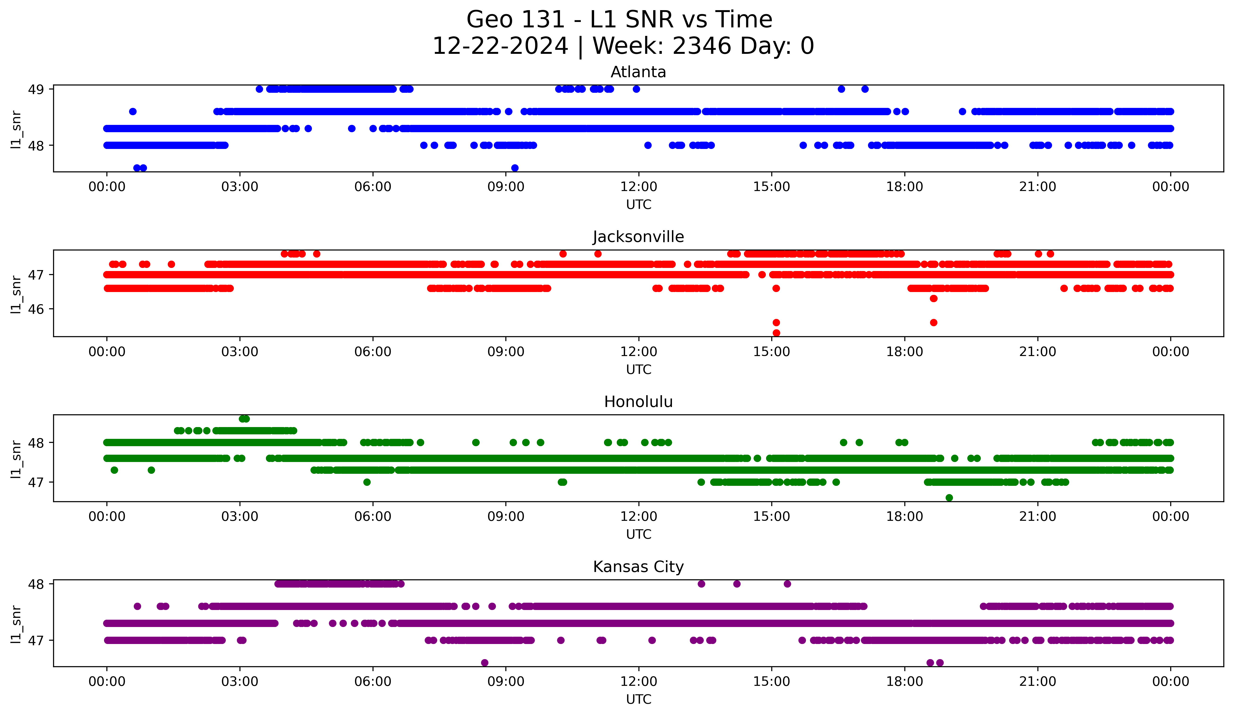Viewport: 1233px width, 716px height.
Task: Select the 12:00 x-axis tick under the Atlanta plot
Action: (x=638, y=186)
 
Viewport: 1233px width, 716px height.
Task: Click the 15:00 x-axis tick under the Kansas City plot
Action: (x=772, y=681)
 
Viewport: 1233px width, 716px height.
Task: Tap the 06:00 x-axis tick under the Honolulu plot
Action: (x=373, y=516)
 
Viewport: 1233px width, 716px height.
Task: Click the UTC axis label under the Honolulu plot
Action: (x=638, y=534)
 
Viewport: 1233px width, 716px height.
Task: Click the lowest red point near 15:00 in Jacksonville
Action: (x=776, y=333)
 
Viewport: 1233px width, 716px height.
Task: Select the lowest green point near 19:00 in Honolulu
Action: (x=949, y=498)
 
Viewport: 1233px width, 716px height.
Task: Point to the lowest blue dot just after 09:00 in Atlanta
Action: (x=515, y=168)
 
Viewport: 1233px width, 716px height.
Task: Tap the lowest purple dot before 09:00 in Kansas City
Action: (x=484, y=663)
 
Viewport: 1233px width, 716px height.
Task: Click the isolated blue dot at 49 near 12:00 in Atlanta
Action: (x=636, y=89)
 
